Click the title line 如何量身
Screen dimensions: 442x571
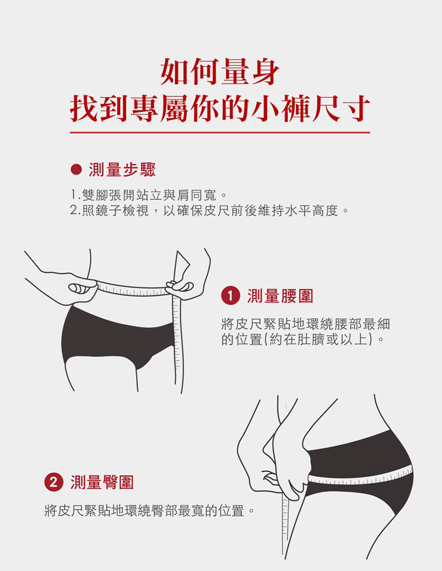click(x=220, y=72)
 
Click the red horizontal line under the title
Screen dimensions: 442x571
click(x=220, y=132)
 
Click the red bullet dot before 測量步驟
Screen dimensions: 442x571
click(x=76, y=170)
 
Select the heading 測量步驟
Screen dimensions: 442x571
click(x=123, y=170)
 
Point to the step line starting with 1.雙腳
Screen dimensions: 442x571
click(x=149, y=195)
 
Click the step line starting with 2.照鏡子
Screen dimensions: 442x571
click(x=209, y=210)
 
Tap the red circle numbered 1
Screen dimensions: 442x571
click(x=230, y=295)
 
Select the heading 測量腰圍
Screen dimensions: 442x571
click(x=280, y=296)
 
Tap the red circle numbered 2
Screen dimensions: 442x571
click(x=54, y=482)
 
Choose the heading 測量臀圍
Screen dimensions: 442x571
click(x=103, y=482)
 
